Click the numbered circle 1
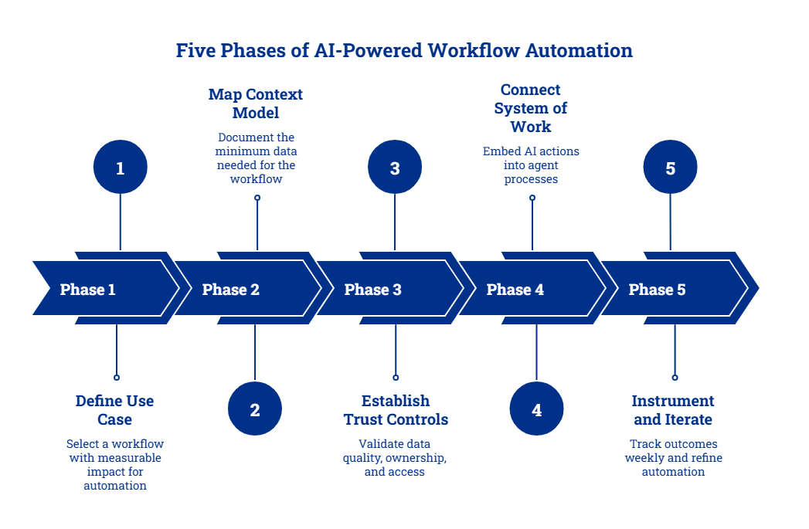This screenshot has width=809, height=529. coord(120,168)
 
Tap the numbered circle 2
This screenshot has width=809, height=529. coord(255,410)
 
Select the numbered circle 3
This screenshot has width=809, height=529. coord(395,168)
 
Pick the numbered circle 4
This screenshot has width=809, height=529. coord(536,410)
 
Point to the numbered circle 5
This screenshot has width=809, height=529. coord(670,168)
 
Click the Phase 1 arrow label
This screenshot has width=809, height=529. coord(87,290)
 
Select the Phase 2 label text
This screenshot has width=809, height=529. coord(230,290)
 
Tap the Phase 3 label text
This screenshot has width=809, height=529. coord(372,290)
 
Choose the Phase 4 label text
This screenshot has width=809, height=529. coord(515,290)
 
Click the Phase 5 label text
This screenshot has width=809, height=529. coord(657,290)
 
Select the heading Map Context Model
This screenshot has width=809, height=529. coord(256,103)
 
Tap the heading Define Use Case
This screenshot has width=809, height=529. coord(114,410)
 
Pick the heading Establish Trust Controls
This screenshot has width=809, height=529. coord(396,410)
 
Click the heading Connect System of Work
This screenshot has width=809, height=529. coord(530,108)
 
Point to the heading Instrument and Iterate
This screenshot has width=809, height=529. coord(672,410)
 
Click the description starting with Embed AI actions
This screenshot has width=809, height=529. coord(531,164)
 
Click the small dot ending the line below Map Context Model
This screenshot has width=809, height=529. coord(257,198)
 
